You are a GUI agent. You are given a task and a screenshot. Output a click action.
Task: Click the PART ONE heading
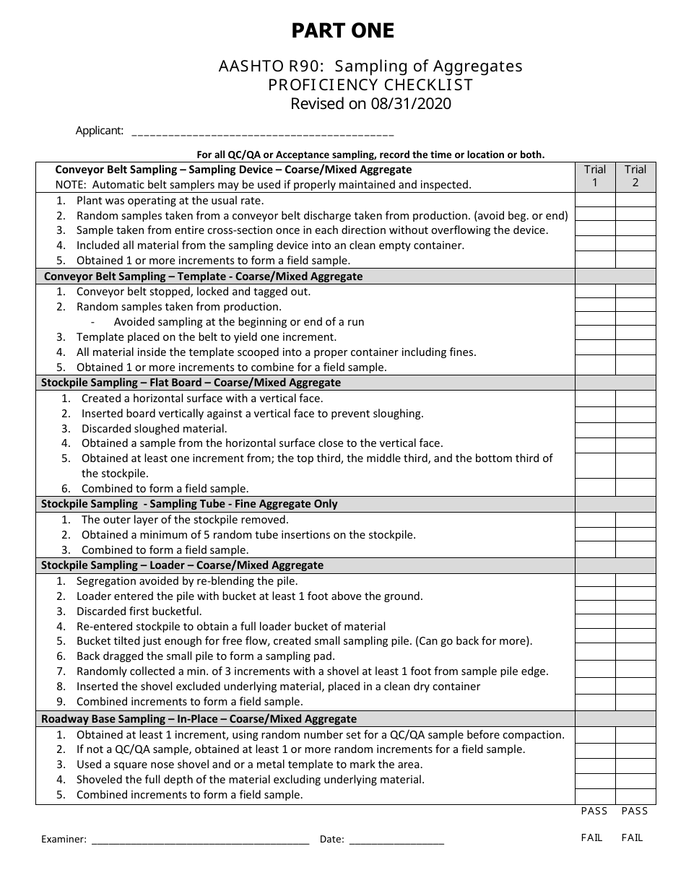click(342, 31)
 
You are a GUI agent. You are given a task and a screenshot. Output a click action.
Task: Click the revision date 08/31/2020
click(409, 104)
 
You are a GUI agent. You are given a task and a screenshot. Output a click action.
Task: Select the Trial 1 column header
click(595, 176)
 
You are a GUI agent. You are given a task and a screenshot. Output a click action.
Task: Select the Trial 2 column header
click(635, 176)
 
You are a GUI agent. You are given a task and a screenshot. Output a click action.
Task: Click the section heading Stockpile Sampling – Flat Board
click(191, 383)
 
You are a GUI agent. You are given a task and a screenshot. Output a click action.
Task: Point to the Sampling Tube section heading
click(189, 504)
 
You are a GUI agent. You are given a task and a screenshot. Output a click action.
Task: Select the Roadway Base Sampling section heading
click(199, 719)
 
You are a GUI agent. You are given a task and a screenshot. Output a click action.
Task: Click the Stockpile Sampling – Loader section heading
click(182, 565)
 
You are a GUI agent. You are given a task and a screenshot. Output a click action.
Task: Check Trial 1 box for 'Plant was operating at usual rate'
click(595, 201)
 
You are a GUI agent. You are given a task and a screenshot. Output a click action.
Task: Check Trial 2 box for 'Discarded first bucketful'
click(635, 611)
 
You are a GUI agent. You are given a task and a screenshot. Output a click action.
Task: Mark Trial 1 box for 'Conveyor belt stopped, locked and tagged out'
click(595, 292)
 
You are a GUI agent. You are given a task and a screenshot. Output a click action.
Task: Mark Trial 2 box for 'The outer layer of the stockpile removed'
click(635, 520)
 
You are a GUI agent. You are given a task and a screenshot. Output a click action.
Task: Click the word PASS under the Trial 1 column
click(594, 811)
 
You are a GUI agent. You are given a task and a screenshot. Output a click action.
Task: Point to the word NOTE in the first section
click(70, 185)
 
